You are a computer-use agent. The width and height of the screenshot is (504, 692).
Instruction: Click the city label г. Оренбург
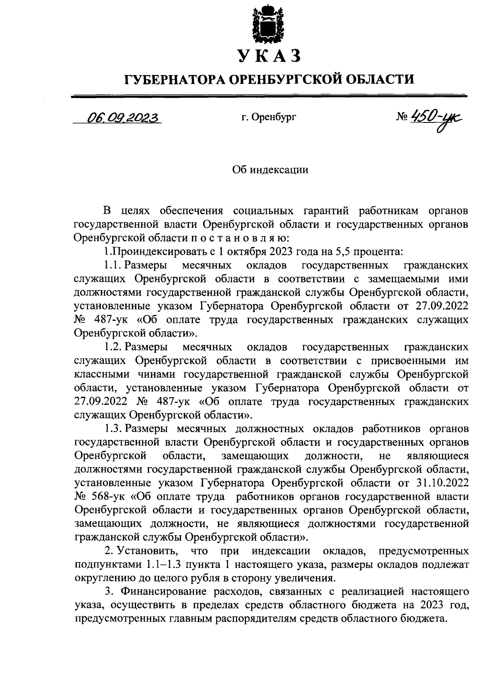[269, 118]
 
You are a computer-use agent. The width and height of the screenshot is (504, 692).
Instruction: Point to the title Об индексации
[270, 170]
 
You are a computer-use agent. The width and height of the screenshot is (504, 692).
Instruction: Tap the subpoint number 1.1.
[112, 265]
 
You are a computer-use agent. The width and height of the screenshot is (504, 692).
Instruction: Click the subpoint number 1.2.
[112, 347]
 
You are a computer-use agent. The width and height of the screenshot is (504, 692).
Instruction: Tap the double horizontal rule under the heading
[269, 96]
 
